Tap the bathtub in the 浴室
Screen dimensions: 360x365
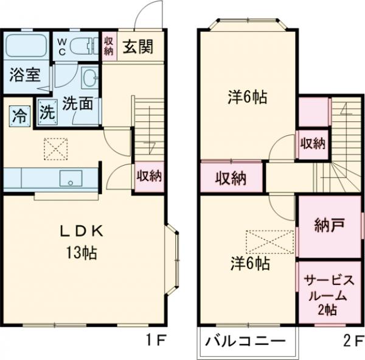(x=27, y=46)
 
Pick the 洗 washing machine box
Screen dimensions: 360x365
(x=46, y=113)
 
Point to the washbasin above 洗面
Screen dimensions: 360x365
(x=89, y=78)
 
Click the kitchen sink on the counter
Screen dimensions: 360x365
(x=71, y=179)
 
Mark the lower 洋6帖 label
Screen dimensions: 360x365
(x=250, y=263)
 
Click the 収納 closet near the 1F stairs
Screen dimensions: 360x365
(x=149, y=177)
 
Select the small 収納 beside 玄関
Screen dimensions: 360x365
(x=109, y=46)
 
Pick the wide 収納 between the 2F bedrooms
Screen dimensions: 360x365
(x=231, y=178)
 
